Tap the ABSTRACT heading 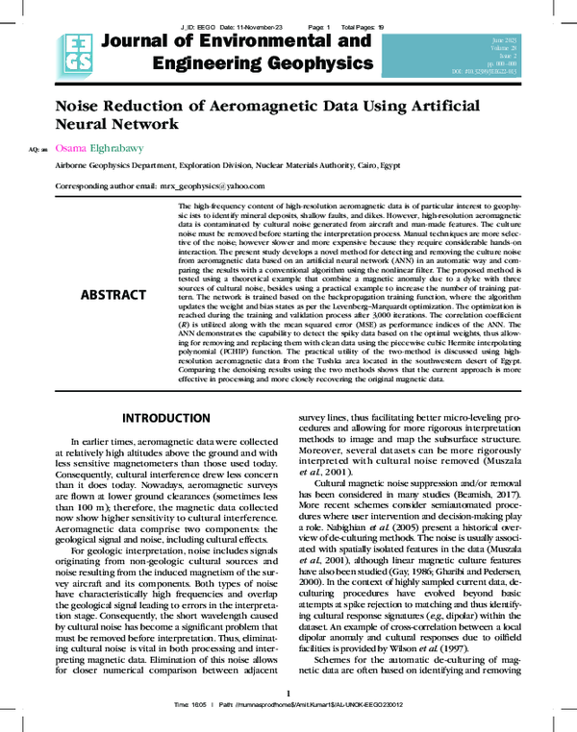coord(113,294)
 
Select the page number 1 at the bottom coord(288,694)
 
